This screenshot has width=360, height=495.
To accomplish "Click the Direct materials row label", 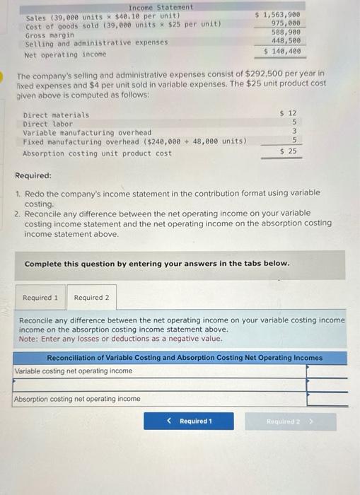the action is pos(56,115).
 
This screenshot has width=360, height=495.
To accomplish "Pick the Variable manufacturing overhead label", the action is pos(87,132).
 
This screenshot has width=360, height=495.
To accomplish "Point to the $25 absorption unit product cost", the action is pos(288,151).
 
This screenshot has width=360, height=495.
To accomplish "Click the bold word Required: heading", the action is pos(33,175).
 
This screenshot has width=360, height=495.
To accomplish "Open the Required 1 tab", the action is pos(41,298).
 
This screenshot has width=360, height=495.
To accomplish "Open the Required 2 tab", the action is pos(91,298).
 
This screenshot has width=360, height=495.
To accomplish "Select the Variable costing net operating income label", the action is pos(74,371).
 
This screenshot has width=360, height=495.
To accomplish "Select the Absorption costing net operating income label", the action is pos(78,399).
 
